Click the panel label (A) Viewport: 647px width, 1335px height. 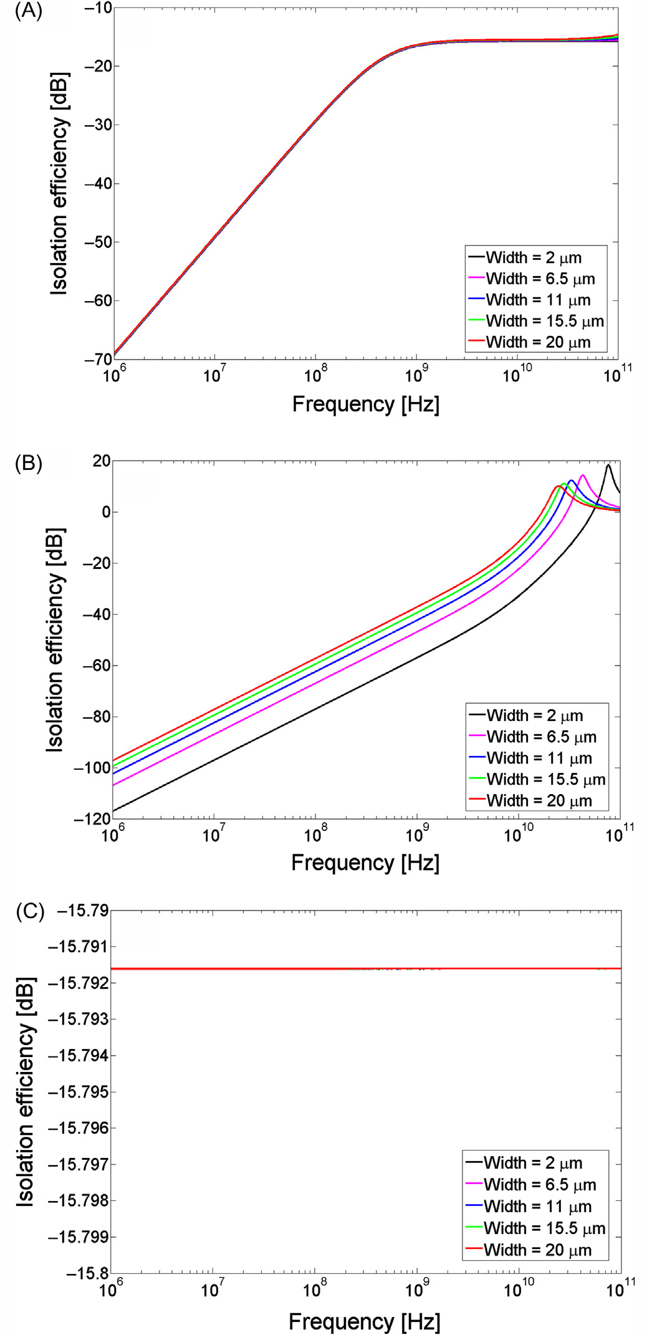(28, 12)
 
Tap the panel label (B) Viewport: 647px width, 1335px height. (28, 464)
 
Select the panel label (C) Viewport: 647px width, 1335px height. (29, 912)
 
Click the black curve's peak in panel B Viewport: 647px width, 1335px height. (608, 465)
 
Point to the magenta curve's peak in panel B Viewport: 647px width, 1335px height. (582, 476)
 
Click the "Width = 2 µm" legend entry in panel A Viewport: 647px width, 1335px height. (534, 258)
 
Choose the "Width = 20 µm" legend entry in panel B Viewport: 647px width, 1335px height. (539, 801)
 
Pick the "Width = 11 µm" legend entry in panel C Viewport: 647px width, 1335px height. (537, 1207)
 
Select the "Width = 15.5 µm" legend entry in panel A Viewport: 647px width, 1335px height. (544, 322)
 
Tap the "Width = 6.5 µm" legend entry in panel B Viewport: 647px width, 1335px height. (541, 737)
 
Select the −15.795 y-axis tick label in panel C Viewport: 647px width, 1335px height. (78, 1092)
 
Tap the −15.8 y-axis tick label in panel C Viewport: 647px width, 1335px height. (87, 1273)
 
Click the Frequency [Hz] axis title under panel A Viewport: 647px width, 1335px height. (366, 404)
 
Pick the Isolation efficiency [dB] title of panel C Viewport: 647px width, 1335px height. (25, 1091)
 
